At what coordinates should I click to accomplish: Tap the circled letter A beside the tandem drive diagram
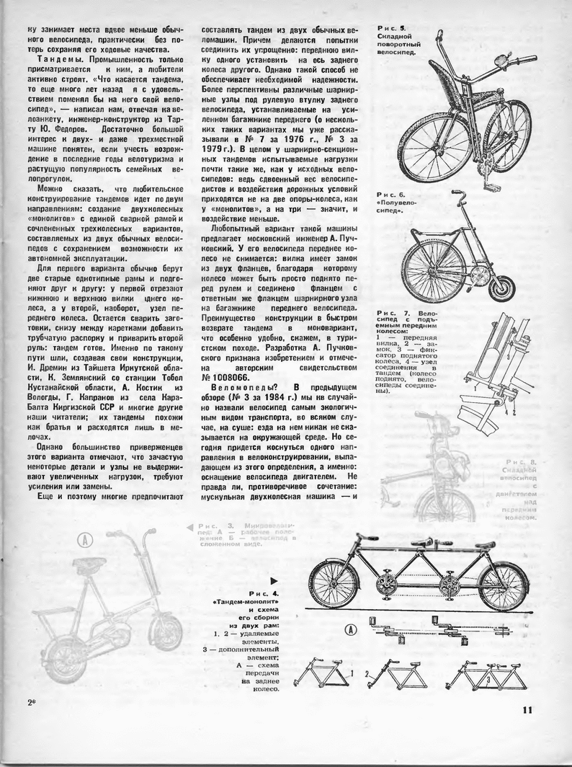351,628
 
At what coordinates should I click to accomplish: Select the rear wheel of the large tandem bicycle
504,585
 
